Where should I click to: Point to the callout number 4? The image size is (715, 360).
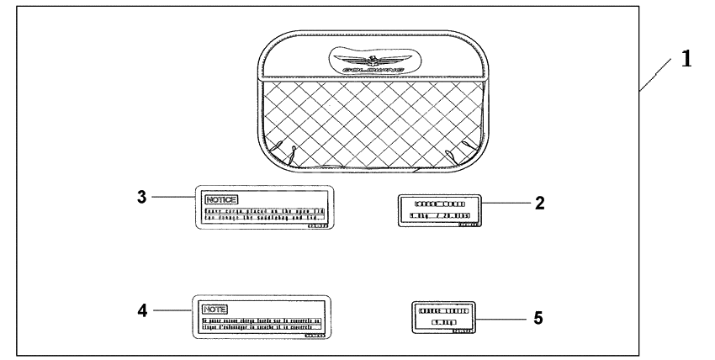(x=142, y=310)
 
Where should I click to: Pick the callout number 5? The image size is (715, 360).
(x=539, y=318)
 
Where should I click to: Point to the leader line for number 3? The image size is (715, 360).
(x=172, y=196)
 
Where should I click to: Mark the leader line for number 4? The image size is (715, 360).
(x=172, y=310)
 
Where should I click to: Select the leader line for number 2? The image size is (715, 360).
(x=504, y=203)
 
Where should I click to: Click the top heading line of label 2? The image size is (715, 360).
(x=437, y=204)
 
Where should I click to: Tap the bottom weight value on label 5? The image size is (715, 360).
(x=442, y=322)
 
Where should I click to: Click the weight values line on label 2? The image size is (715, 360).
(x=437, y=216)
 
